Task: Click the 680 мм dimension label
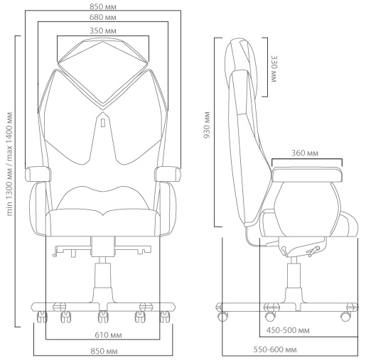pyautogui.click(x=103, y=18)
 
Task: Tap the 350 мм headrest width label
pyautogui.click(x=103, y=31)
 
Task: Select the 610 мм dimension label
pyautogui.click(x=108, y=335)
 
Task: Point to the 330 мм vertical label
pyautogui.click(x=274, y=69)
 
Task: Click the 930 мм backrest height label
pyautogui.click(x=207, y=125)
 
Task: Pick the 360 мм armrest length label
pyautogui.click(x=305, y=153)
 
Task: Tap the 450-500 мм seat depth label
pyautogui.click(x=288, y=330)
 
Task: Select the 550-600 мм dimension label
pyautogui.click(x=275, y=349)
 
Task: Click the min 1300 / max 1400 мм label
pyautogui.click(x=9, y=164)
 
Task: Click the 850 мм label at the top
pyautogui.click(x=103, y=7)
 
